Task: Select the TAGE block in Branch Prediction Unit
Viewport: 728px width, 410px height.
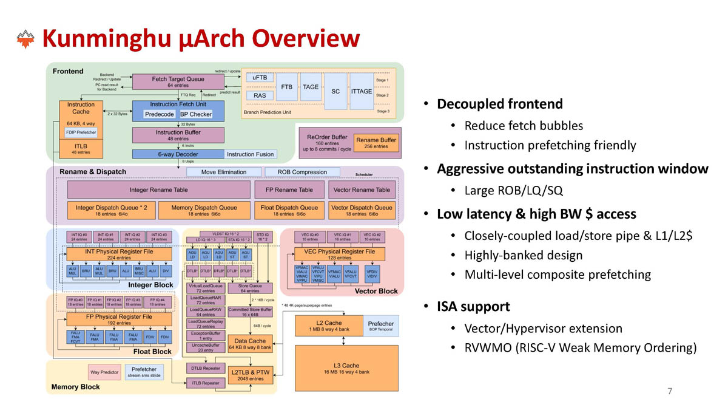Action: (311, 87)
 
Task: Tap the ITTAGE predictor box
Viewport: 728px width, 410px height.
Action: (362, 91)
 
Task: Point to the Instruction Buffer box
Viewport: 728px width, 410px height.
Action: (178, 135)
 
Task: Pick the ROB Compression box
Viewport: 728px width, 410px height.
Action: (302, 172)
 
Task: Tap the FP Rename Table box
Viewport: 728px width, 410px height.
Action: (289, 190)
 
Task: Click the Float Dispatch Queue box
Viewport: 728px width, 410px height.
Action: (289, 210)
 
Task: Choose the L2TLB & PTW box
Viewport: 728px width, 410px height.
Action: (251, 374)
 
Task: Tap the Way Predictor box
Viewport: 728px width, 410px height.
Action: (104, 372)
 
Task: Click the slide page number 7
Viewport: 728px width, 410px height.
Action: (670, 391)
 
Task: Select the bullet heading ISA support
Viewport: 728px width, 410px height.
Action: (473, 306)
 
